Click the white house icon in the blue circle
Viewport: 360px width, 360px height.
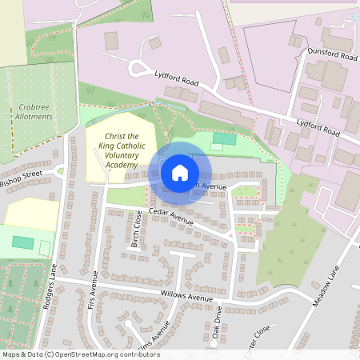pyautogui.click(x=179, y=172)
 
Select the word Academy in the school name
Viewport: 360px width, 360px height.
pyautogui.click(x=122, y=164)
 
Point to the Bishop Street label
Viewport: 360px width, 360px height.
pyautogui.click(x=20, y=178)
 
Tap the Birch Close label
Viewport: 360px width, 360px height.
pyautogui.click(x=137, y=230)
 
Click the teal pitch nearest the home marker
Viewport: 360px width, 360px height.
pyautogui.click(x=225, y=139)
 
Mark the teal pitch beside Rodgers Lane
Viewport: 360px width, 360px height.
pyautogui.click(x=23, y=242)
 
